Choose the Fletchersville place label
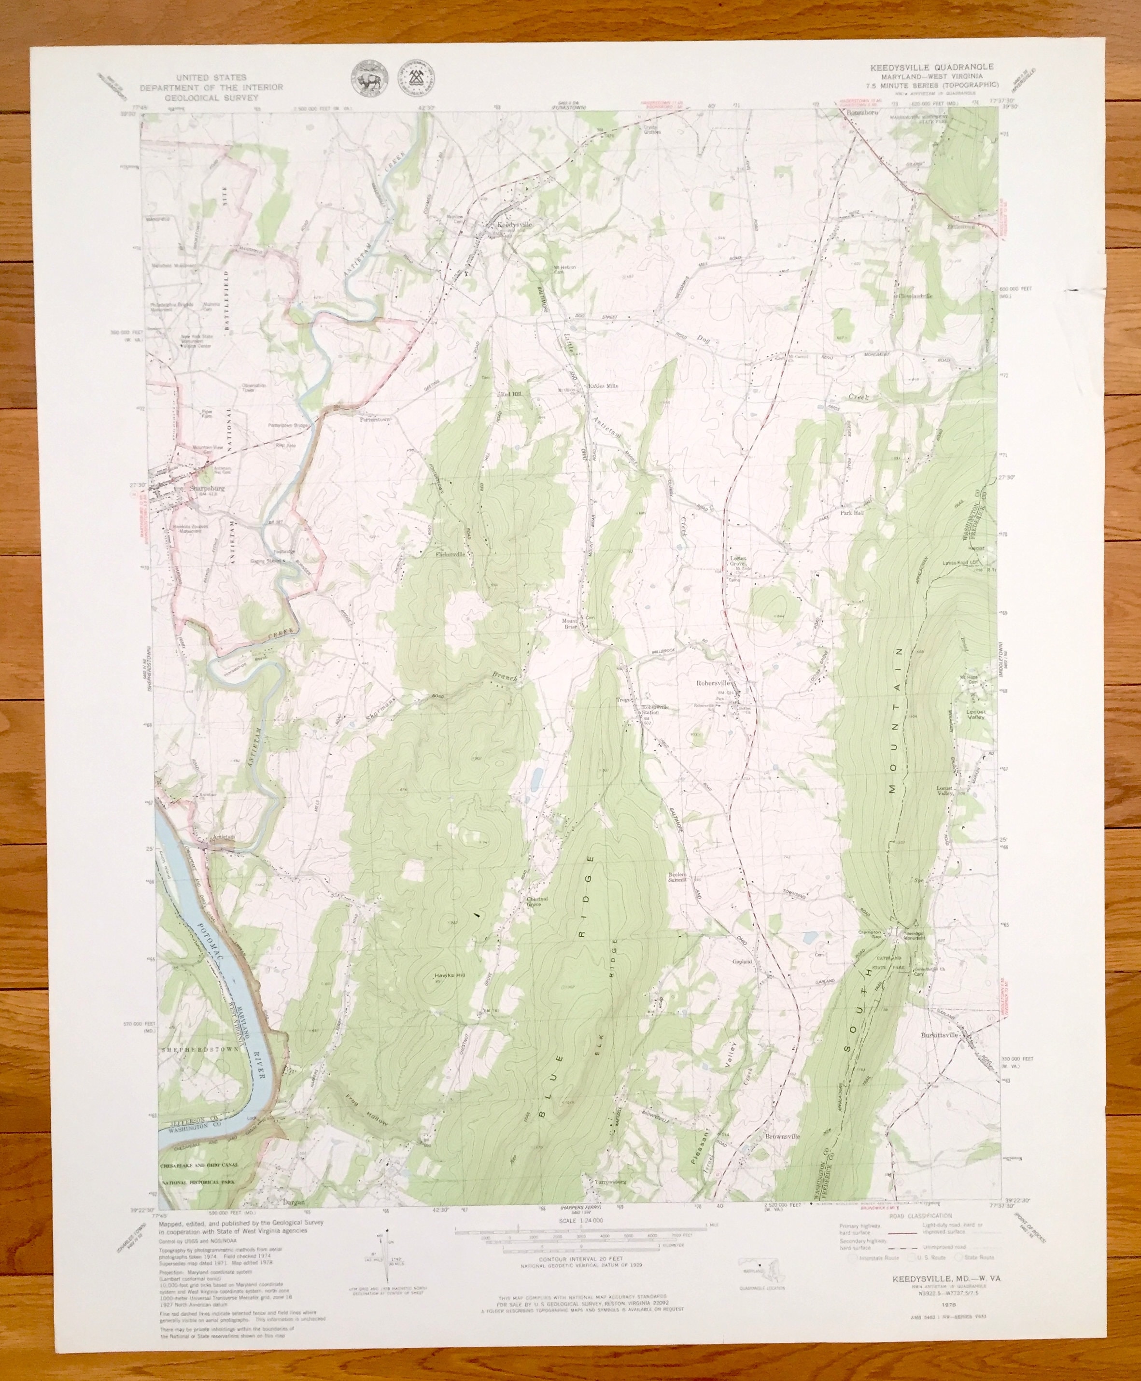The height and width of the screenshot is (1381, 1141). point(450,554)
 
